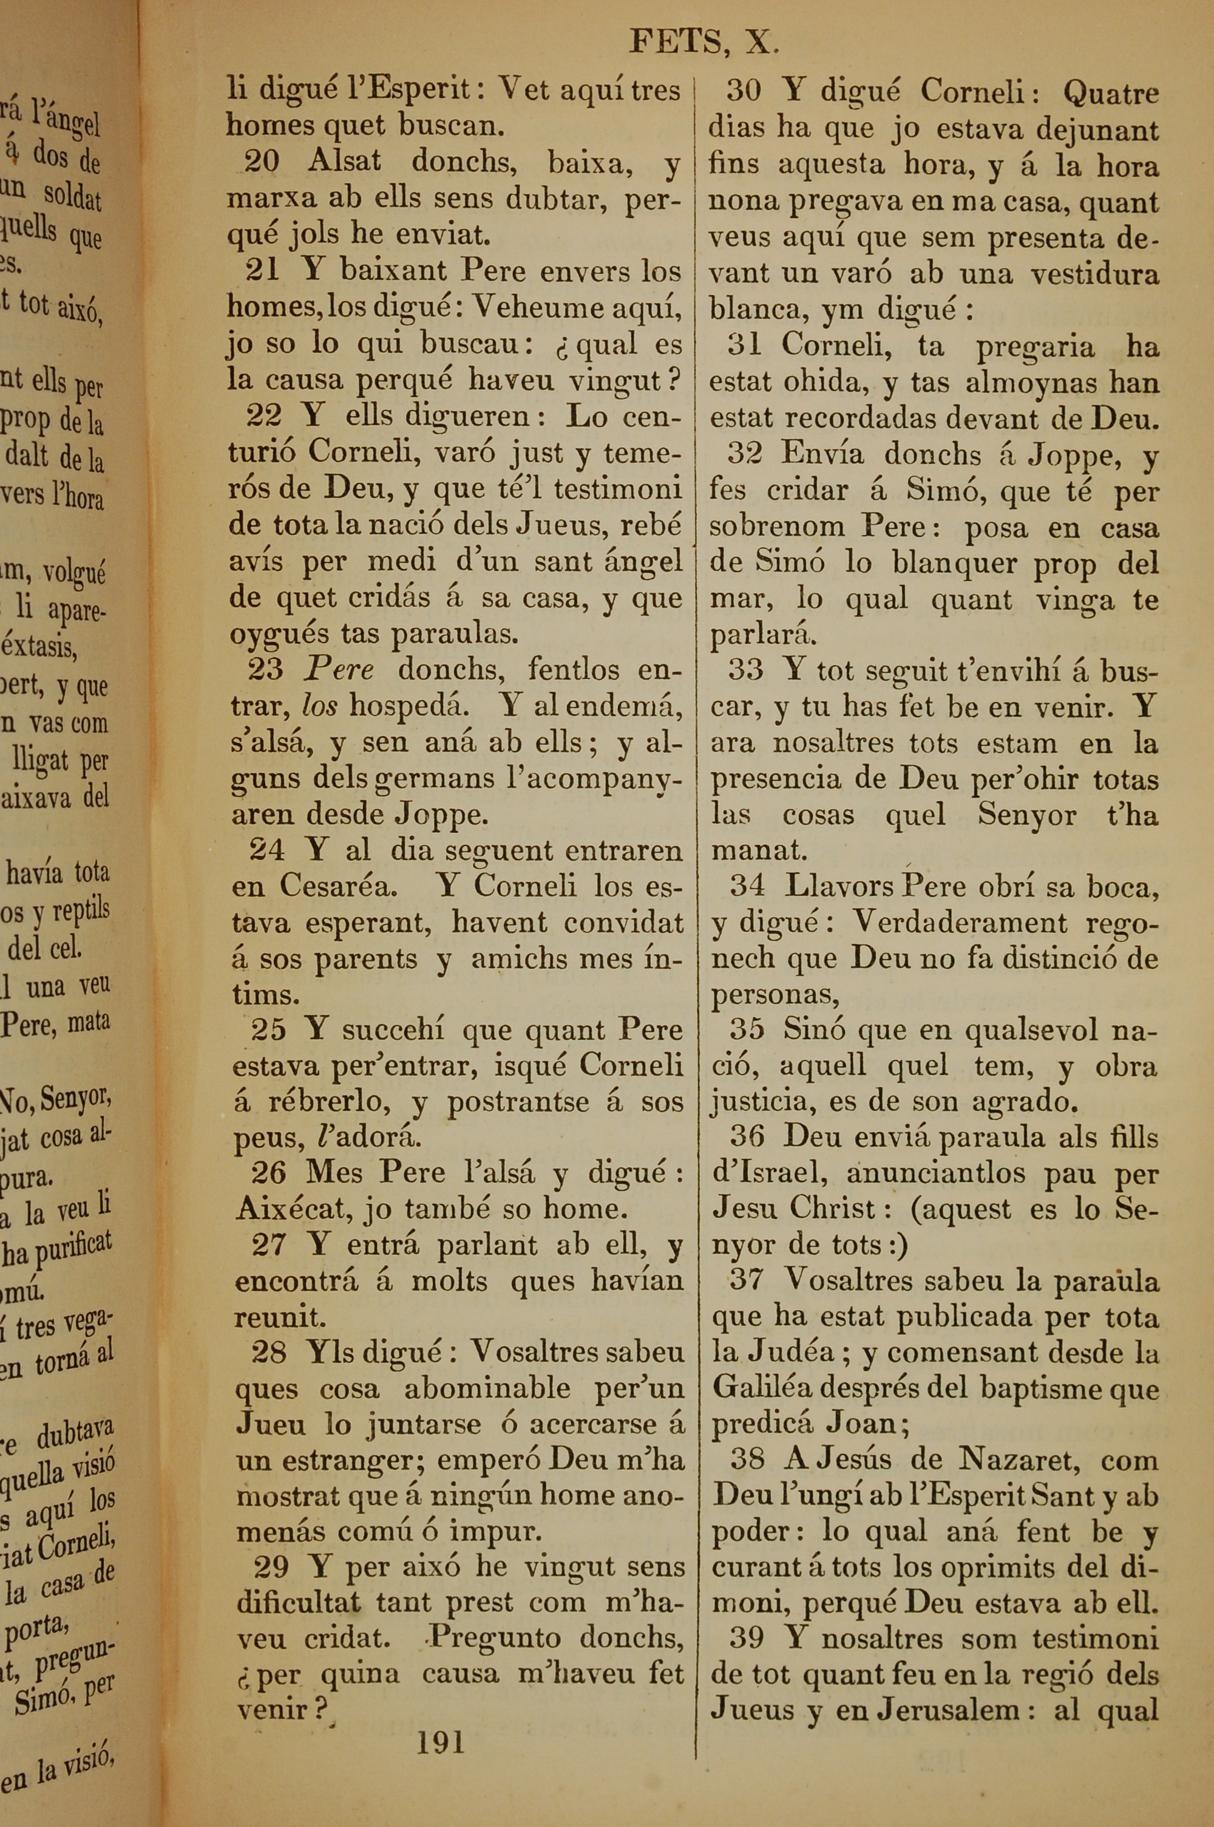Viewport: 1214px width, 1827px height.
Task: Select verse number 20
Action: [x=261, y=162]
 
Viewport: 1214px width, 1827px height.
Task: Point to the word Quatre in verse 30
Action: [x=1111, y=94]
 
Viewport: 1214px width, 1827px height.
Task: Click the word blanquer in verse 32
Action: [x=954, y=563]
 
